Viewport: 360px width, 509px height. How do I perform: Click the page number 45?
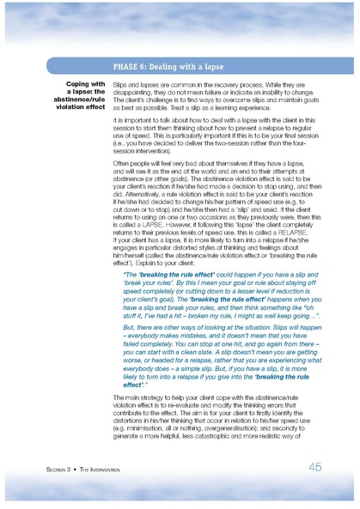pos(315,467)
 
